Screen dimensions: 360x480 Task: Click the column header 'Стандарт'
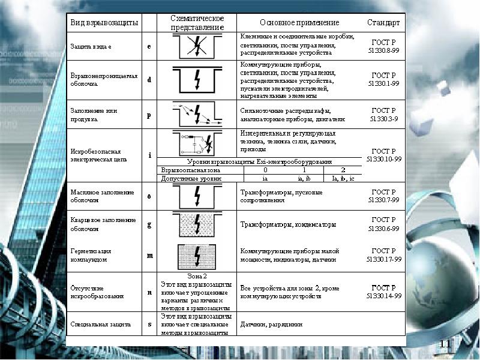click(x=383, y=23)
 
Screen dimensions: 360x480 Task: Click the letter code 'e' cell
click(x=149, y=46)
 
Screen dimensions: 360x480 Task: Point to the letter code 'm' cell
click(x=149, y=256)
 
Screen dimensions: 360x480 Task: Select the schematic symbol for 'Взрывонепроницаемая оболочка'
click(x=197, y=79)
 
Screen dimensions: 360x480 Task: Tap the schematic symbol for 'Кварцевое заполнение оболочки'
click(x=197, y=225)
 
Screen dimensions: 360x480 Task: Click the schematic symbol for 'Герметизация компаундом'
click(x=197, y=256)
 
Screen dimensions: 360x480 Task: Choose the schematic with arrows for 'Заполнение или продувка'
click(x=197, y=114)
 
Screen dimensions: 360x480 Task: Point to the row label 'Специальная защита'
click(x=100, y=324)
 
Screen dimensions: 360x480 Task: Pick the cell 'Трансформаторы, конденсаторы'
click(x=288, y=225)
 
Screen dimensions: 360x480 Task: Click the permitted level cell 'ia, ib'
click(x=304, y=178)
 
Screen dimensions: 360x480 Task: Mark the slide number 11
click(x=445, y=343)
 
